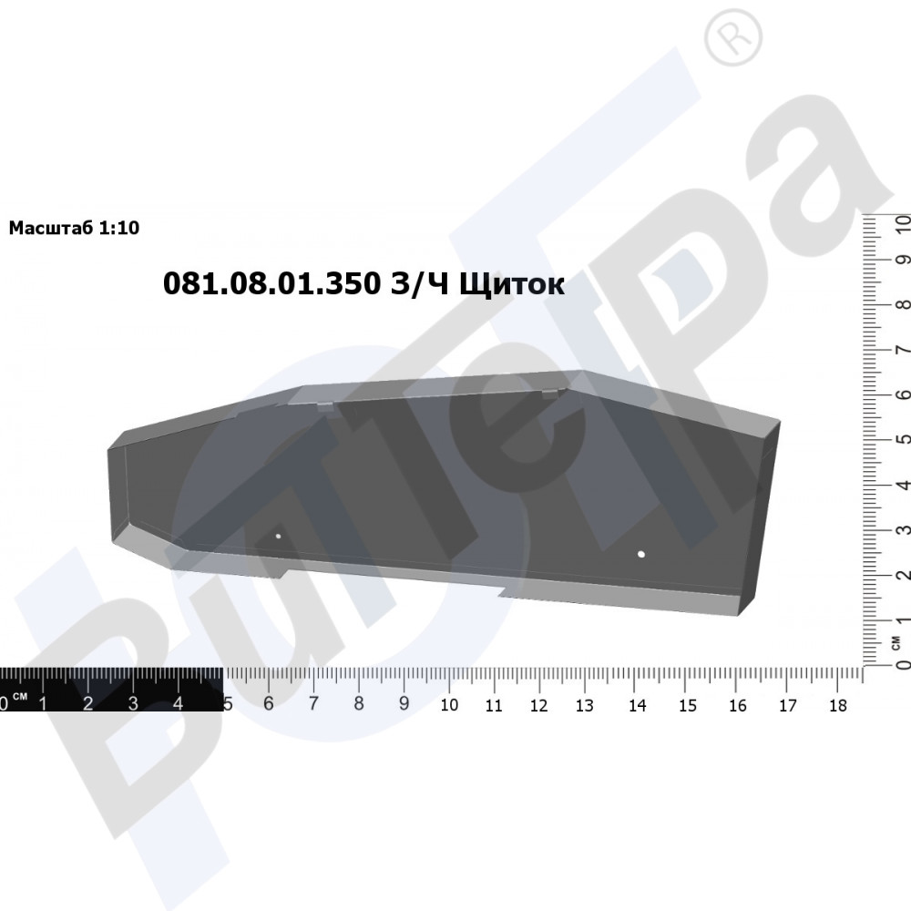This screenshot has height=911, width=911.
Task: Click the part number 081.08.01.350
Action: click(271, 284)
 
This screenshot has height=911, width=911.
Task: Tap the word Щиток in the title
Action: click(512, 285)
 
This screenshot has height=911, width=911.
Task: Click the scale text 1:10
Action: click(119, 228)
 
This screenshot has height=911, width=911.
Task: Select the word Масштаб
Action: click(51, 228)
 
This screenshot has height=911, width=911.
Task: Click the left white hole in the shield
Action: click(278, 536)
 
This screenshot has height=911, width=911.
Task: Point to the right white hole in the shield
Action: click(641, 554)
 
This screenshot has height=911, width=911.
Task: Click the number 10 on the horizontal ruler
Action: click(449, 705)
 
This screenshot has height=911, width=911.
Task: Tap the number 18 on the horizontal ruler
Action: click(838, 705)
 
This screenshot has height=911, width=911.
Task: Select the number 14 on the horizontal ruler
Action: click(638, 705)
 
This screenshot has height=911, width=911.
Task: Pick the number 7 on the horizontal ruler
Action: click(313, 703)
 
